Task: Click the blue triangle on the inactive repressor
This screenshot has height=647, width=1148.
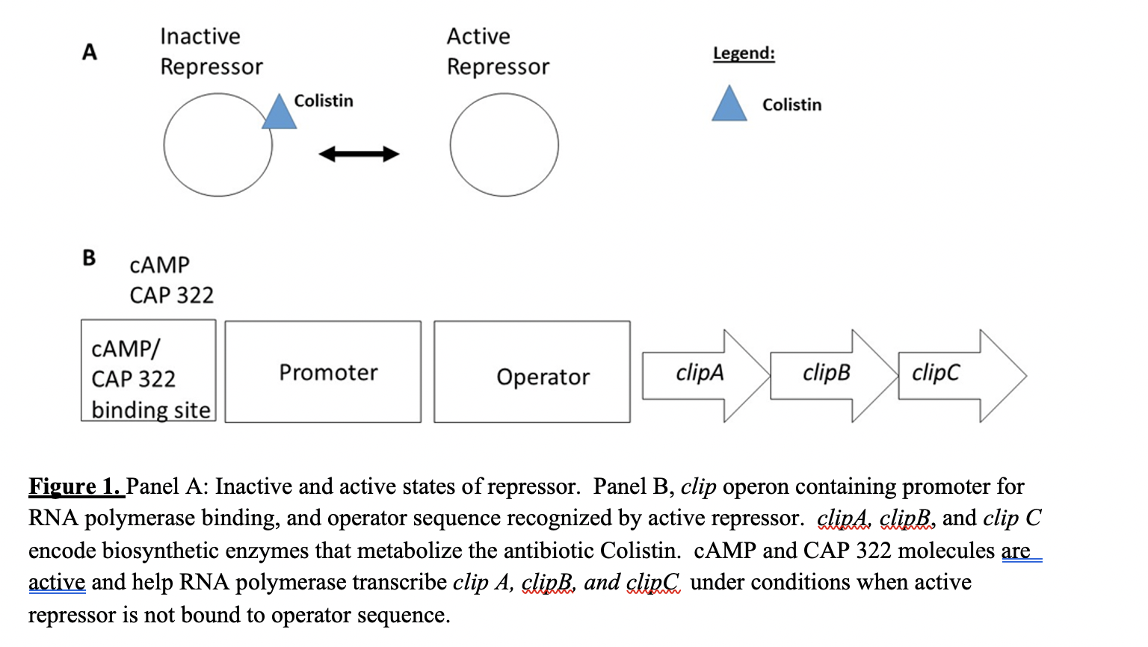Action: (x=279, y=114)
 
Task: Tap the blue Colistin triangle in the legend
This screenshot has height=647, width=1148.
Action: (x=729, y=106)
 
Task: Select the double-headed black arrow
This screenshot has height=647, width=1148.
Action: (x=359, y=155)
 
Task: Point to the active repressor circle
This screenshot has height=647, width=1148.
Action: (x=504, y=145)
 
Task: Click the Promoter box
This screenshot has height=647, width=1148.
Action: (x=323, y=372)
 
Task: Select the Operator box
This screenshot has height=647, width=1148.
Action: (x=531, y=372)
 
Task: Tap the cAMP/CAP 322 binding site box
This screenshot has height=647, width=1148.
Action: (x=148, y=371)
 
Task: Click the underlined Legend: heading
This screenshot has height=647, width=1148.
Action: (x=744, y=54)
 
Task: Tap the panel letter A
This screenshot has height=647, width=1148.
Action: (x=90, y=52)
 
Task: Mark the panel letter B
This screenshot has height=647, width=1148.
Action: (x=89, y=258)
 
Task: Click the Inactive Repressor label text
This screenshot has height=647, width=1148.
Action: (x=211, y=52)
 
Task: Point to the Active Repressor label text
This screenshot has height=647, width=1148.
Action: (x=498, y=52)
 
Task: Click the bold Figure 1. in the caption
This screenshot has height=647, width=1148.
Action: (x=75, y=487)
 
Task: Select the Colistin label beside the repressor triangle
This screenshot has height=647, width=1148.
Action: (x=324, y=101)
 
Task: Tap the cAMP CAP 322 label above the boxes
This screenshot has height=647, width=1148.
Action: (x=171, y=280)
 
